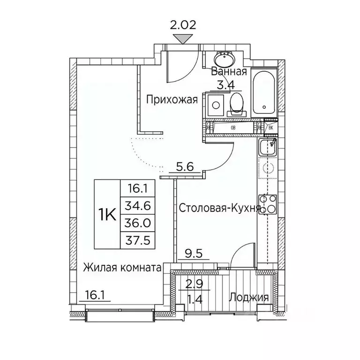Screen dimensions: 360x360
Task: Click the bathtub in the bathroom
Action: [264, 94]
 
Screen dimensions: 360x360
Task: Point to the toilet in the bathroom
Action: [237, 104]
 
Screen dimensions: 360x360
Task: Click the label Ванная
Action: [229, 72]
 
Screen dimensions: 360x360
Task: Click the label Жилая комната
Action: [123, 268]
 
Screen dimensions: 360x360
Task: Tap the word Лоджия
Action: [248, 298]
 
